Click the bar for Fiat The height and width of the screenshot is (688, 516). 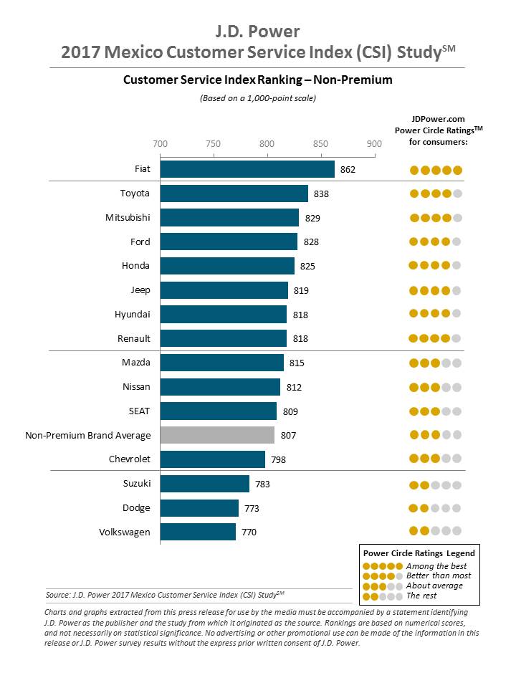[x=247, y=169]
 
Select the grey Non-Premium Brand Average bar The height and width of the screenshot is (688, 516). [x=217, y=435]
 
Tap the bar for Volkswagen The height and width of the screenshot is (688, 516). [x=198, y=532]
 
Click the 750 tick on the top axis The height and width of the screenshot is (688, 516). [x=214, y=143]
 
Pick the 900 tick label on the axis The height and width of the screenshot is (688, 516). [x=374, y=143]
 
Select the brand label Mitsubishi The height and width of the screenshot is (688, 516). [x=128, y=217]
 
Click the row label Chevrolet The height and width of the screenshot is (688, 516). [x=129, y=459]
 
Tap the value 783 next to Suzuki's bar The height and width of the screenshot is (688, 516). [x=262, y=484]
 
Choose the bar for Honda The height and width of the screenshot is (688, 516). [x=227, y=266]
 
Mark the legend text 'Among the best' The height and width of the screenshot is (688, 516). [x=435, y=566]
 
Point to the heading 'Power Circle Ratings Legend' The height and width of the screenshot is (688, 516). [x=419, y=553]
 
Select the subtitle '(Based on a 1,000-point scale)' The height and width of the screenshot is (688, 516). [x=257, y=98]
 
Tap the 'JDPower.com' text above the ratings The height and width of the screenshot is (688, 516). [x=438, y=118]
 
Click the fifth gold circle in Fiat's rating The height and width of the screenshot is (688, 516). [x=458, y=170]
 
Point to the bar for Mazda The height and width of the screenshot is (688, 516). [x=222, y=363]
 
